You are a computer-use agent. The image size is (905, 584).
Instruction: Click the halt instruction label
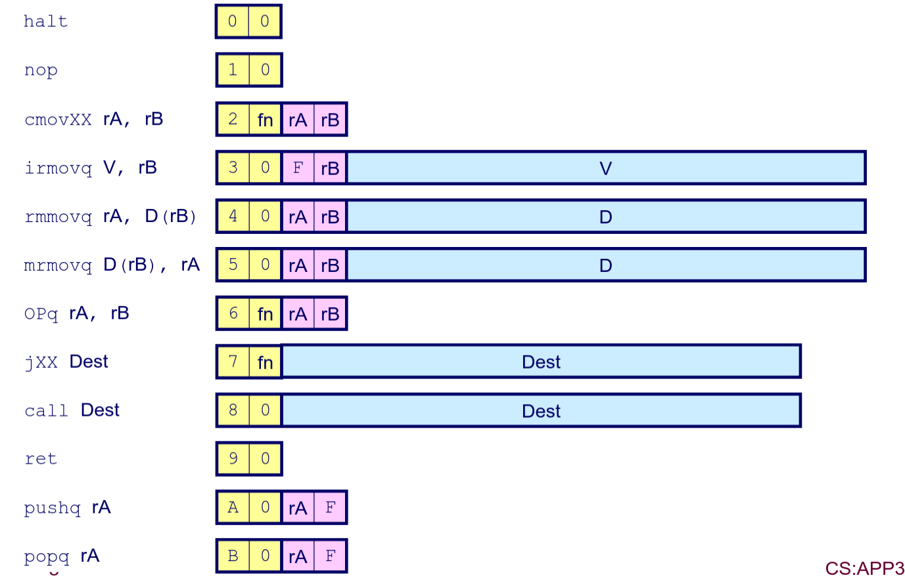tap(45, 22)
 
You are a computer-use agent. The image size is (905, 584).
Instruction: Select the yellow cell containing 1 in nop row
tap(233, 70)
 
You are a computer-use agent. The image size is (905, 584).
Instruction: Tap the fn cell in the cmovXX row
tap(265, 120)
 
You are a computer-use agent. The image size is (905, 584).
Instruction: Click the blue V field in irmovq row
tap(605, 168)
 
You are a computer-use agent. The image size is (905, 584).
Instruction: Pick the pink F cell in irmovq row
tap(298, 168)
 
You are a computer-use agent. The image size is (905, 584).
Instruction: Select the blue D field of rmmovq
tap(605, 217)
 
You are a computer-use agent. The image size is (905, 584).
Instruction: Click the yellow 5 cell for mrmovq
tap(233, 265)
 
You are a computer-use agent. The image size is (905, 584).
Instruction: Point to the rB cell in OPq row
tap(330, 314)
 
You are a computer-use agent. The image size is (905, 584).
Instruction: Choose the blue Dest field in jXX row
tap(541, 362)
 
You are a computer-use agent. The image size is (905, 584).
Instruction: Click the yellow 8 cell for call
tap(233, 411)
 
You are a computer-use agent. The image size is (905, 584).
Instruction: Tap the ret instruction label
tap(41, 459)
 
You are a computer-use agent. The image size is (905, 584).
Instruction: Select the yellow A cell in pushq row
tap(233, 508)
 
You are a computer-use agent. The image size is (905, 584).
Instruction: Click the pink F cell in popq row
tap(330, 556)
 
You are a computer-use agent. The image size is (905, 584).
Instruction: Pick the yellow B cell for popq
tap(233, 556)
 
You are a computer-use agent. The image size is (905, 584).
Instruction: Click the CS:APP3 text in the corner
tap(864, 568)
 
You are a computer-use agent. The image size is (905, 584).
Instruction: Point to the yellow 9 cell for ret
tap(233, 459)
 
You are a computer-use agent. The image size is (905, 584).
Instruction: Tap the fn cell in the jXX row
tap(265, 362)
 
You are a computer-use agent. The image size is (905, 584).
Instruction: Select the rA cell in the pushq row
tap(298, 508)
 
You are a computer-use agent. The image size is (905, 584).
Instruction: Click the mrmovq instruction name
tap(58, 266)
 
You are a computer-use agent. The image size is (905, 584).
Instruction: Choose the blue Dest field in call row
tap(541, 411)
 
